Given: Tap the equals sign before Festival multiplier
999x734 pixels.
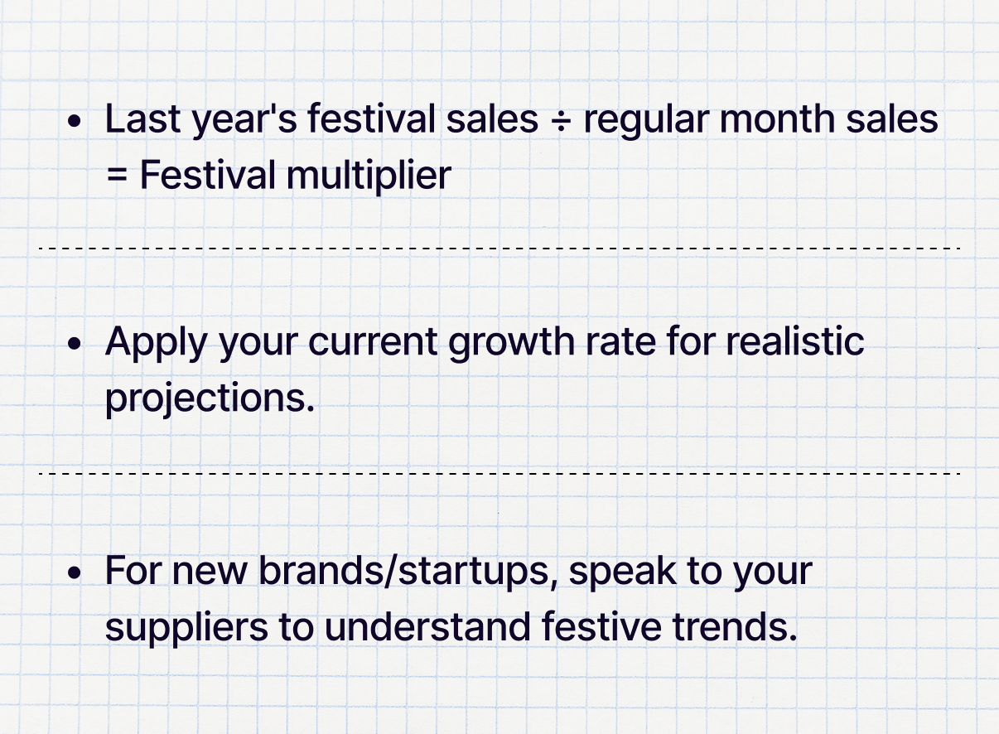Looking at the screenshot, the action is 118,176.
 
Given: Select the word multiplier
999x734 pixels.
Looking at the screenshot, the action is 369,176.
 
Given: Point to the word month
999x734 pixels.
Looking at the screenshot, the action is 777,118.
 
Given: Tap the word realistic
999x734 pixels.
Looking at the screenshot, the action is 795,341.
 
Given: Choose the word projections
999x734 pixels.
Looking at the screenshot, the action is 210,399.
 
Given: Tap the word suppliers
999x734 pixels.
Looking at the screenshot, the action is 186,629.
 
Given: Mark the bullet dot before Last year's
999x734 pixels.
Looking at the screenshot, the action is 75,121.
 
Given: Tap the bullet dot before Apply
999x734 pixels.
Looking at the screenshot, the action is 75,344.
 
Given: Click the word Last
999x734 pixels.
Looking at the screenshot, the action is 142,118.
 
